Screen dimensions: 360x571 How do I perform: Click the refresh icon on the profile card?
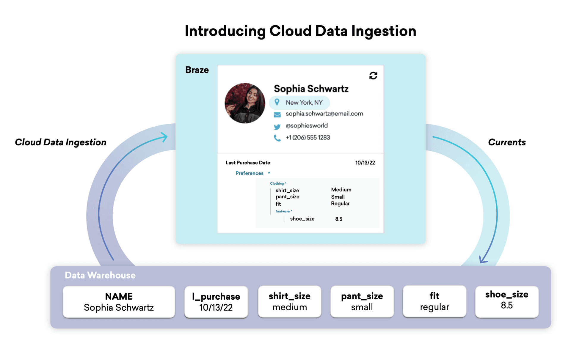pyautogui.click(x=373, y=76)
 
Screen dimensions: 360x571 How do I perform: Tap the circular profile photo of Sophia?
pyautogui.click(x=245, y=103)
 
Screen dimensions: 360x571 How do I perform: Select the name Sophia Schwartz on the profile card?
pyautogui.click(x=311, y=89)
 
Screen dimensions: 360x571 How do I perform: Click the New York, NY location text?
pyautogui.click(x=304, y=103)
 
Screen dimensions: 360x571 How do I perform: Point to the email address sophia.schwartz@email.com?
pyautogui.click(x=324, y=114)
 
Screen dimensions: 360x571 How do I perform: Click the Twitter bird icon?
pyautogui.click(x=277, y=127)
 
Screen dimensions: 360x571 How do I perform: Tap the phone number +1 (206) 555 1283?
pyautogui.click(x=308, y=138)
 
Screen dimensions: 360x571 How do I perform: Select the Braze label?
pyautogui.click(x=197, y=70)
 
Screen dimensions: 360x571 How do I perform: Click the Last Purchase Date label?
pyautogui.click(x=248, y=163)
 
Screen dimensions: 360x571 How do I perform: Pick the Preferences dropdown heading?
pyautogui.click(x=250, y=173)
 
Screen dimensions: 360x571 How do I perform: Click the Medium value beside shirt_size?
pyautogui.click(x=341, y=190)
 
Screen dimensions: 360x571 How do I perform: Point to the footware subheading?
pyautogui.click(x=283, y=211)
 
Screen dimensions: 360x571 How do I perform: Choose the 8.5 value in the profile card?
pyautogui.click(x=339, y=219)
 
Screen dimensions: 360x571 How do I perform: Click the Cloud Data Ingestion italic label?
pyautogui.click(x=61, y=142)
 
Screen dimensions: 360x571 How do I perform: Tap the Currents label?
pyautogui.click(x=507, y=142)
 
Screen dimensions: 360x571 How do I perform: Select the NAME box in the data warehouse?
pyautogui.click(x=119, y=302)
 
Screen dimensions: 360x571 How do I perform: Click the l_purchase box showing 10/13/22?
pyautogui.click(x=216, y=302)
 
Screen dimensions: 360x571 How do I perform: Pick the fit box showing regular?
pyautogui.click(x=434, y=301)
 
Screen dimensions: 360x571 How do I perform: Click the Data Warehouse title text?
pyautogui.click(x=100, y=275)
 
